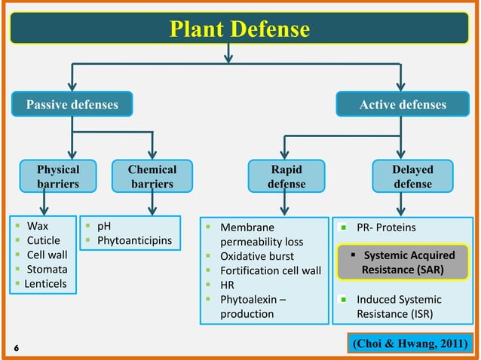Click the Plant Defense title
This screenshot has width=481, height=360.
[x=240, y=29]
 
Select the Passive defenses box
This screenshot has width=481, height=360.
[x=72, y=105]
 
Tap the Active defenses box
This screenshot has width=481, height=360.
[x=402, y=105]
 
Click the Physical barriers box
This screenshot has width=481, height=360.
[x=58, y=176]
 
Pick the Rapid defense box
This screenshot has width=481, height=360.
[x=286, y=176]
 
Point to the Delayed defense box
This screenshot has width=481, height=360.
[x=412, y=176]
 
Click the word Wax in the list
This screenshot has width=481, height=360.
[x=36, y=226]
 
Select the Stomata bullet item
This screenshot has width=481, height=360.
[x=47, y=269]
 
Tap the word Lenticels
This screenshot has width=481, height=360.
[x=45, y=283]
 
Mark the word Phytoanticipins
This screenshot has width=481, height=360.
[x=135, y=240]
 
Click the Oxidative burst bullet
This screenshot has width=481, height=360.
[x=256, y=256]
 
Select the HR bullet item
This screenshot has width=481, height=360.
[x=226, y=285]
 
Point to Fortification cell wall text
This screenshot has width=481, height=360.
[x=270, y=270]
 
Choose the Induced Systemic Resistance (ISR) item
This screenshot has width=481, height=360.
[x=399, y=306]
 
